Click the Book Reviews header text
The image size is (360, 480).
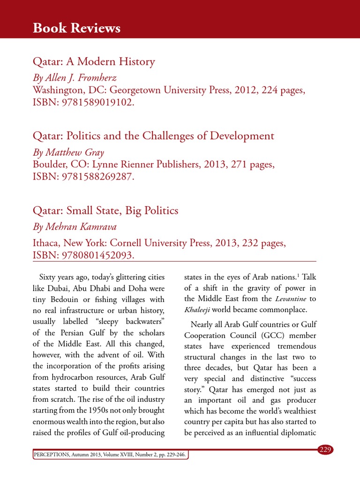click(x=76, y=29)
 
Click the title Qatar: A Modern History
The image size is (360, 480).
click(x=94, y=61)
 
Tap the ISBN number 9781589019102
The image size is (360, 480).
click(x=97, y=102)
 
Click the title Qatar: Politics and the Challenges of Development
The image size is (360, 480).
click(x=153, y=136)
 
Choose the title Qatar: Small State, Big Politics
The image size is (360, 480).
click(x=105, y=210)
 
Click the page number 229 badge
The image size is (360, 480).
click(x=325, y=450)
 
